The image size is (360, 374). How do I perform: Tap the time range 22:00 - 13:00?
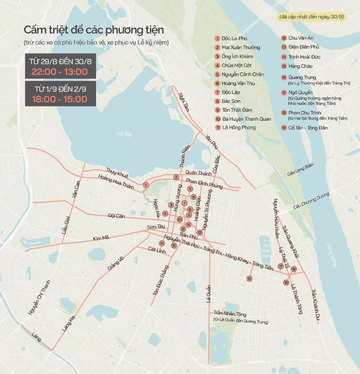pyautogui.click(x=59, y=72)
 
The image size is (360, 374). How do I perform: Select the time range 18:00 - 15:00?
pyautogui.click(x=59, y=99)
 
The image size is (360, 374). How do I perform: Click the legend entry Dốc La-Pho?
pyautogui.click(x=234, y=39)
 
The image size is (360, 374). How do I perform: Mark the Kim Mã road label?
pyautogui.click(x=101, y=237)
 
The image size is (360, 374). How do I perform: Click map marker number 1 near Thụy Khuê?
pyautogui.click(x=145, y=184)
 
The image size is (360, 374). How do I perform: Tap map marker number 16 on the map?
pyautogui.click(x=249, y=278)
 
